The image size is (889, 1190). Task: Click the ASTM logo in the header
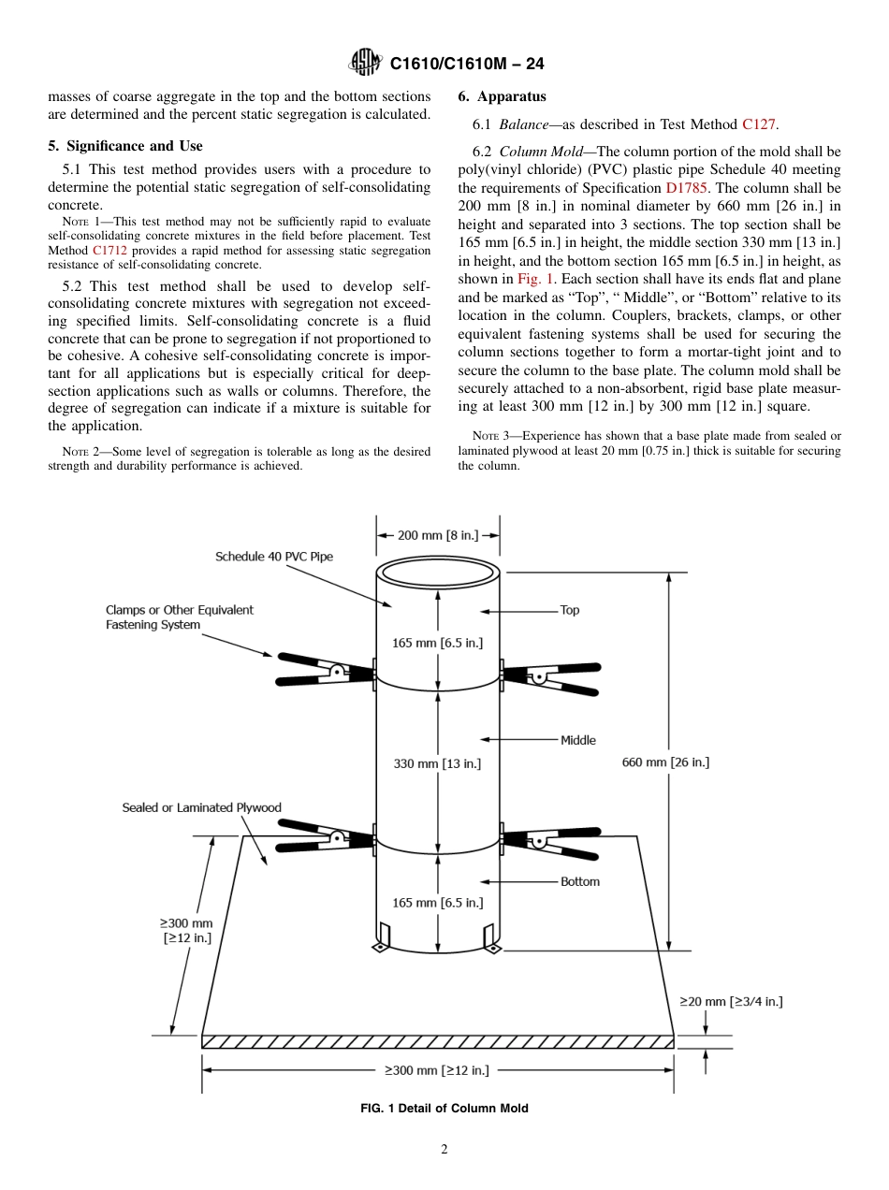point(364,63)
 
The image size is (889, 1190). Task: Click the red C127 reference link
point(759,123)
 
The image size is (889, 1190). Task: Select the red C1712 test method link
point(109,251)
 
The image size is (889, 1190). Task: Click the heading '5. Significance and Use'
point(125,146)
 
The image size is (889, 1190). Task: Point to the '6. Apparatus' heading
point(502,96)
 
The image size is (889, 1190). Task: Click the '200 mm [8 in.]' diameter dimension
point(438,535)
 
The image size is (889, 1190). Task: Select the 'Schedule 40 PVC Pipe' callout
point(274,557)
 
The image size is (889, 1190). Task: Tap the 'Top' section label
point(569,610)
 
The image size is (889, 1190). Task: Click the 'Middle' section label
point(577,740)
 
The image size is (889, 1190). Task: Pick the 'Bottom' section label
point(579,881)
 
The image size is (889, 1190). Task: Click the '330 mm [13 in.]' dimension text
point(437,763)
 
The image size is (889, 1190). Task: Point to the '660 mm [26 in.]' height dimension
point(665,762)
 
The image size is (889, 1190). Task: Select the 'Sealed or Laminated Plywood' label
point(201,807)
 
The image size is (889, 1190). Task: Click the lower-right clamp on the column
point(552,838)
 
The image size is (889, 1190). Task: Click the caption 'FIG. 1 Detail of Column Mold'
point(444,1109)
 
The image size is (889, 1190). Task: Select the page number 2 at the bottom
point(444,1150)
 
